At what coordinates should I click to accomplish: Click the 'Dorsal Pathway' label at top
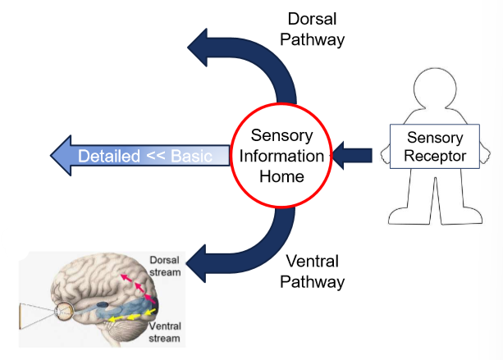coord(316,28)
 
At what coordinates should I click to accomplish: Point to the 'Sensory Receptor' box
coord(433,146)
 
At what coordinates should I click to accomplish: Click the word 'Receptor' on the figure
coord(433,155)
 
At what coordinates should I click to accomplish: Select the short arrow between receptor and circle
coord(354,153)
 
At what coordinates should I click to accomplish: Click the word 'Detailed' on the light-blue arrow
coord(107,155)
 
